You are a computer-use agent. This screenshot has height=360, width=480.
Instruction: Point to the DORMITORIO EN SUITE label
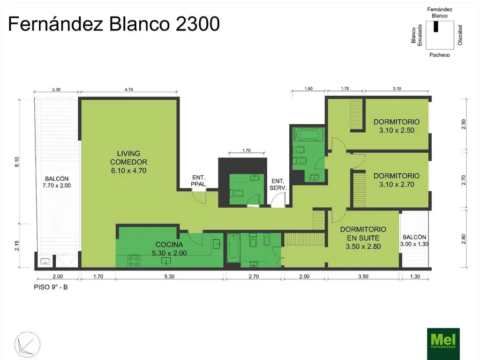click(363, 238)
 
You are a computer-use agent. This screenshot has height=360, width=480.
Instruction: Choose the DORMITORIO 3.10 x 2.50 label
click(396, 126)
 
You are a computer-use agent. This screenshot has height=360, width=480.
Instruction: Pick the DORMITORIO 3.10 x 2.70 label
click(396, 180)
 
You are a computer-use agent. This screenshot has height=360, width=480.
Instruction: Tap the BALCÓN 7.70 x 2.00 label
click(57, 182)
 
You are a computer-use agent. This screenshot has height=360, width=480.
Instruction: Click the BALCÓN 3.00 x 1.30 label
click(414, 240)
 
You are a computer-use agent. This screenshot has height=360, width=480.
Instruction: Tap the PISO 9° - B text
click(51, 287)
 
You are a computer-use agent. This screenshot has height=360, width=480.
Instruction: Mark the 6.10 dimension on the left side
click(17, 162)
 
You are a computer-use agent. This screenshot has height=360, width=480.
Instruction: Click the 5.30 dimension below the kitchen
click(169, 277)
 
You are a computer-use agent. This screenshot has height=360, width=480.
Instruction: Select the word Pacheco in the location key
click(439, 55)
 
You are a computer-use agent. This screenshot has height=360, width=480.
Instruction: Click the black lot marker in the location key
click(435, 27)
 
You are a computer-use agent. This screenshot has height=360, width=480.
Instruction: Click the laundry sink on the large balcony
click(45, 261)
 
